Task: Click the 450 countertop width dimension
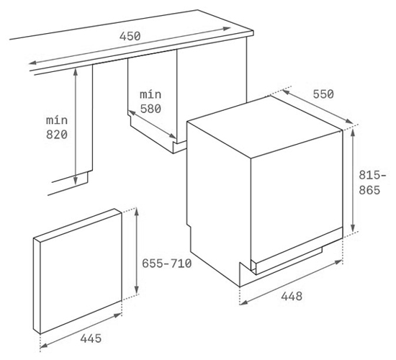tap(130, 36)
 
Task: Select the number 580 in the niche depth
tap(150, 109)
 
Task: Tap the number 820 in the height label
tap(57, 135)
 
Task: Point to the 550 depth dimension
tap(323, 94)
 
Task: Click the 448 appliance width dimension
tap(292, 296)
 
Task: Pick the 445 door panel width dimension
tap(91, 338)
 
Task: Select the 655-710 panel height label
tap(167, 264)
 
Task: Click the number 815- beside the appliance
tap(372, 175)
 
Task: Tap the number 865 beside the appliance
tap(369, 190)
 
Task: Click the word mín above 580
tap(150, 94)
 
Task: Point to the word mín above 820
tap(57, 120)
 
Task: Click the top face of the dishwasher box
tap(265, 126)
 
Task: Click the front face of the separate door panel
tap(81, 273)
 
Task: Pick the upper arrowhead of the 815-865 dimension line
tap(353, 132)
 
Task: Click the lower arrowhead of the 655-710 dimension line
tap(136, 291)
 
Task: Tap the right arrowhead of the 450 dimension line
tap(227, 29)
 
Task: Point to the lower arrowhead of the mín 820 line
tap(76, 181)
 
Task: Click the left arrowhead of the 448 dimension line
tap(243, 302)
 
